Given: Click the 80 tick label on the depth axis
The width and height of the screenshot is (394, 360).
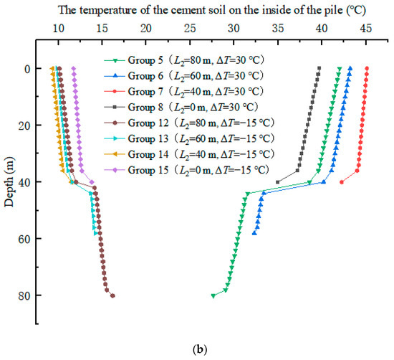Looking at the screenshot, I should (x=35, y=295).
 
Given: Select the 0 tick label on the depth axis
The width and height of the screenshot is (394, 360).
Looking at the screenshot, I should (x=37, y=69).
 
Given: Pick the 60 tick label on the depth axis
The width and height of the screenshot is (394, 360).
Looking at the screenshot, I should (x=35, y=239).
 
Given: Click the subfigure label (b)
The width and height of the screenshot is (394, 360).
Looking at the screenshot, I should (x=198, y=349).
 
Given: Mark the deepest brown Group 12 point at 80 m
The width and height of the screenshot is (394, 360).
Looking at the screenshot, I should (x=112, y=295).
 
